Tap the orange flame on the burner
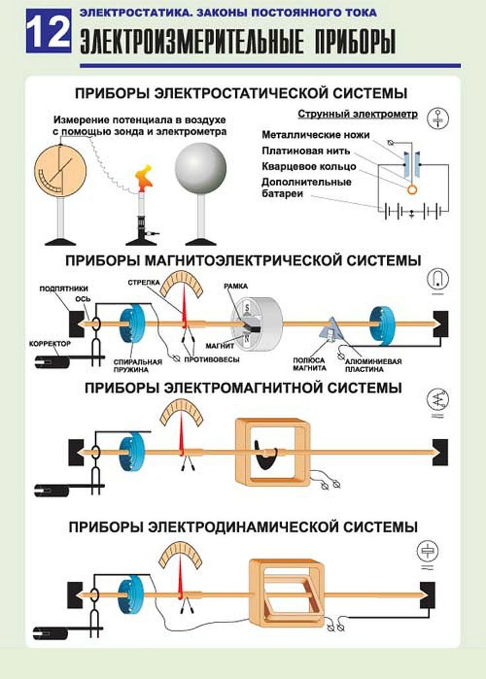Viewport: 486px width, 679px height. [x=143, y=177]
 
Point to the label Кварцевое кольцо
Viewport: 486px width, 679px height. [x=308, y=166]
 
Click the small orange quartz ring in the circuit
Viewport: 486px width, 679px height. [x=412, y=189]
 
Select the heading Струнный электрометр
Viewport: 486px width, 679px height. [x=357, y=114]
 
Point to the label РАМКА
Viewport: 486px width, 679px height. [x=236, y=286]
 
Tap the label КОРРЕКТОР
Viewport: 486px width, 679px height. [x=50, y=344]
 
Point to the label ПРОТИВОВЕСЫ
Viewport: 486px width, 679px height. [x=211, y=361]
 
